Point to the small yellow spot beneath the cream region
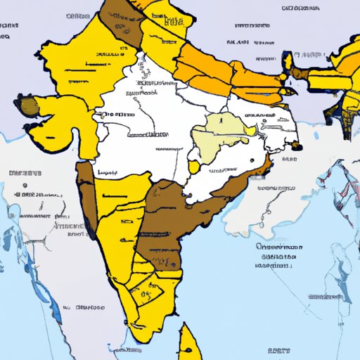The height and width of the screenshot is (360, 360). [193, 167]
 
